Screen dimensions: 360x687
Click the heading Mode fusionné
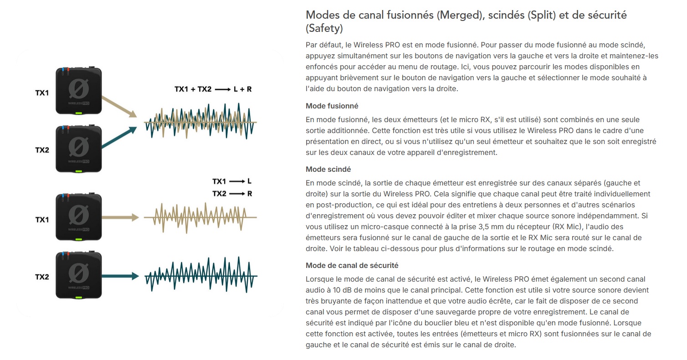(x=332, y=106)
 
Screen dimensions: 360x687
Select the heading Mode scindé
(x=328, y=170)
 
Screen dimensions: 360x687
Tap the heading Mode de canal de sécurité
(x=352, y=265)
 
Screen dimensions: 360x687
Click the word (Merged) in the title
(x=459, y=15)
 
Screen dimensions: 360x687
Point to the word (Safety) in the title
(x=324, y=28)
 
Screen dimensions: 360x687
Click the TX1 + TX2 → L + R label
(x=213, y=89)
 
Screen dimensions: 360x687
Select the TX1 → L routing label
(x=232, y=181)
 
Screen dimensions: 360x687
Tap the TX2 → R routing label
(x=232, y=194)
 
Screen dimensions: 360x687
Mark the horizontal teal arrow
(x=120, y=276)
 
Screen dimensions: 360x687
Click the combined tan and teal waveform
(x=200, y=122)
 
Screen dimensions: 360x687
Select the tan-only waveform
(x=200, y=218)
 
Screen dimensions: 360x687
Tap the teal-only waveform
(x=200, y=276)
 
